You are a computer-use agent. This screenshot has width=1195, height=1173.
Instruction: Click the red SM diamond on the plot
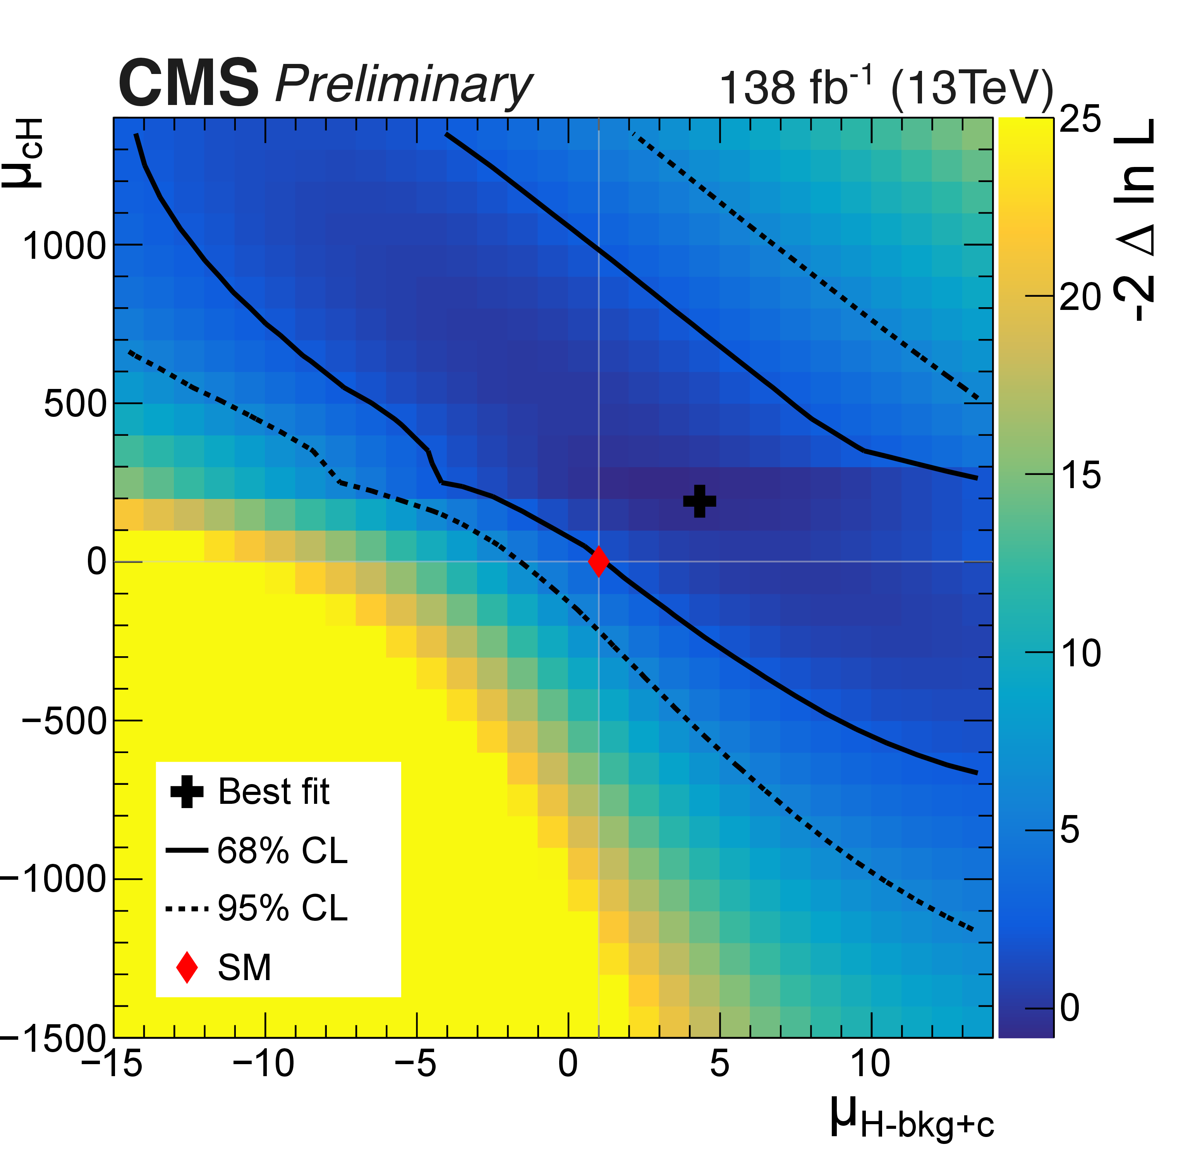coord(598,561)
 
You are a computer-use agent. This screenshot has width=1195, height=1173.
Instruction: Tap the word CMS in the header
coord(189,83)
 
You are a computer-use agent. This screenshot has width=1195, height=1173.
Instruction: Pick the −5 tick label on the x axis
coord(415,1064)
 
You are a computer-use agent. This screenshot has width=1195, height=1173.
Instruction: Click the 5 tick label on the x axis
coord(719,1064)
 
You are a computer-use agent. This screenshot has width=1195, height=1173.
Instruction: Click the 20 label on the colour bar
coord(1080,298)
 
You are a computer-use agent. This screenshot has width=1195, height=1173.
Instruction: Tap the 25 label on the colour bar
coord(1080,119)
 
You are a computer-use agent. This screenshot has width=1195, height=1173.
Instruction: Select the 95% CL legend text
coord(283,908)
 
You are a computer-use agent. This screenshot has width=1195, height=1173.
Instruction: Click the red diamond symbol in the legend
coord(187,967)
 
